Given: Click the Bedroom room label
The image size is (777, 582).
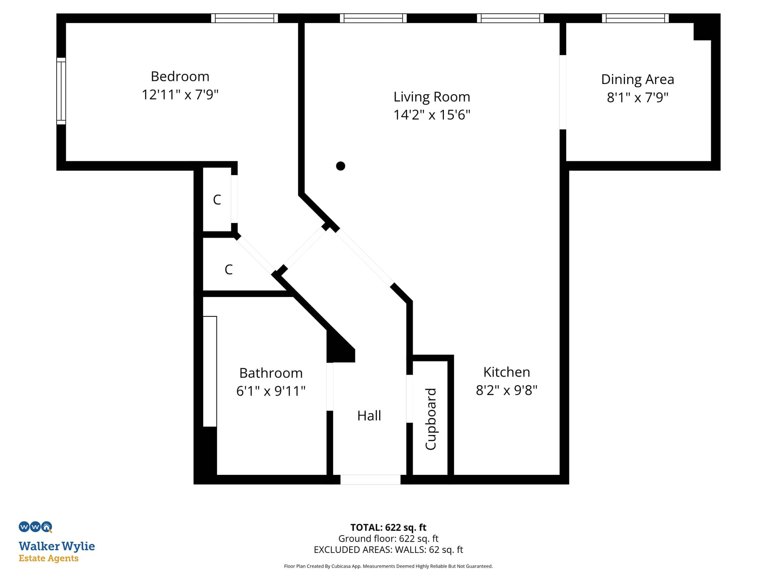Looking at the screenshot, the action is pos(180,76).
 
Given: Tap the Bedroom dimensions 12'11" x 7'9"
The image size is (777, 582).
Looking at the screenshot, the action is pos(180,95).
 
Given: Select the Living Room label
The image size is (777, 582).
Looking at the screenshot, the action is pos(432,97).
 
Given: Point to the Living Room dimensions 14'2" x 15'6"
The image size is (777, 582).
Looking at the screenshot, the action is pos(432,115).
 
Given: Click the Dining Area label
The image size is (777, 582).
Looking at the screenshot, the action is pos(637,80).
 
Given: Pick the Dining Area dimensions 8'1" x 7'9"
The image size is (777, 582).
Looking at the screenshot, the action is pos(637,97).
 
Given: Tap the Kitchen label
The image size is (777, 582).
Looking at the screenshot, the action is pos(507,372).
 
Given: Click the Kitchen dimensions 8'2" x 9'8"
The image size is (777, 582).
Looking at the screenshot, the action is pos(507,390).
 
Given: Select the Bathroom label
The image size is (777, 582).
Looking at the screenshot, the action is pos(271,373).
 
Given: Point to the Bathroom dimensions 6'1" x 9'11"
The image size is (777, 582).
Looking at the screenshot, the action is pos(271,391).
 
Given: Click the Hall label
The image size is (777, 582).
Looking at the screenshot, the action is pos(369,415).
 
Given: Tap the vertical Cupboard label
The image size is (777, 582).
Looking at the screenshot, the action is pos(431,419).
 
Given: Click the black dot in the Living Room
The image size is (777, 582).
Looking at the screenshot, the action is pos(341,166).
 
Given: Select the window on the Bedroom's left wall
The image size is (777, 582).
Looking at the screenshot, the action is pos(61,91).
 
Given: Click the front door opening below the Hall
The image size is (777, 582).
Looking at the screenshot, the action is pos(370,479).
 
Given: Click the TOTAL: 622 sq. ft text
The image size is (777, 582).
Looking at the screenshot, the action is pos(388,527).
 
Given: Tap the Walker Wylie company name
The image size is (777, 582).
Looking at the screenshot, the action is pos(57,546).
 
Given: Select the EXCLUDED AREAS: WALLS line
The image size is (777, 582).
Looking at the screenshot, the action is pos(388,550).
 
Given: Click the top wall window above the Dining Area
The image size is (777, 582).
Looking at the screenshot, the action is pos(635,18).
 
